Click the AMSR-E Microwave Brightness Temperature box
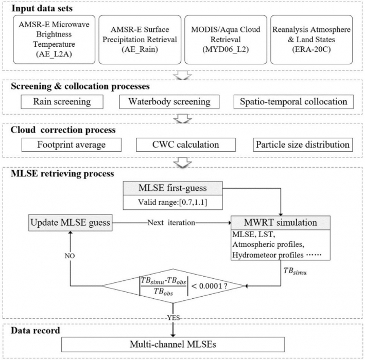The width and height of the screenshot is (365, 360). pyautogui.click(x=54, y=40)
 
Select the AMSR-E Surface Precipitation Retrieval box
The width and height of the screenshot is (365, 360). pyautogui.click(x=140, y=40)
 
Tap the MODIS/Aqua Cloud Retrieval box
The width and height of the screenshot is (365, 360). pyautogui.click(x=225, y=40)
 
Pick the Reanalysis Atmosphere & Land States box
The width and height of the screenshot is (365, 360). pyautogui.click(x=311, y=40)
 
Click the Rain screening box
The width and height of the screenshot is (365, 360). pyautogui.click(x=62, y=102)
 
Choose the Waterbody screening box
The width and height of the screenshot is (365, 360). pyautogui.click(x=169, y=102)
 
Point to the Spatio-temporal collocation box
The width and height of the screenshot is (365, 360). pyautogui.click(x=293, y=102)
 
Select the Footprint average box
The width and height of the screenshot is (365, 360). pyautogui.click(x=72, y=145)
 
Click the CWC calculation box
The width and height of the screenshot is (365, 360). pyautogui.click(x=186, y=145)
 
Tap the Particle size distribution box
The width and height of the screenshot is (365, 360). pyautogui.click(x=303, y=145)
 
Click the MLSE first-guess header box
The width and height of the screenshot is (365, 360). pyautogui.click(x=173, y=188)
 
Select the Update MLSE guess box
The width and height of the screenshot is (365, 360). pyautogui.click(x=71, y=223)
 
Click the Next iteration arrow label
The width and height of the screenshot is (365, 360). pyautogui.click(x=171, y=223)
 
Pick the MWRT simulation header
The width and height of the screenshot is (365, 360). pyautogui.click(x=281, y=223)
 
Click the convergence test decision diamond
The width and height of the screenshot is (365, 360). pyautogui.click(x=173, y=286)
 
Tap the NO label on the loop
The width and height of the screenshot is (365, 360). pyautogui.click(x=70, y=256)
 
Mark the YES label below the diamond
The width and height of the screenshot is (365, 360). pyautogui.click(x=173, y=318)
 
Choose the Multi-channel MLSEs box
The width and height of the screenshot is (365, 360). pyautogui.click(x=173, y=345)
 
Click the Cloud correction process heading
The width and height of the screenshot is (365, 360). pyautogui.click(x=63, y=130)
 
